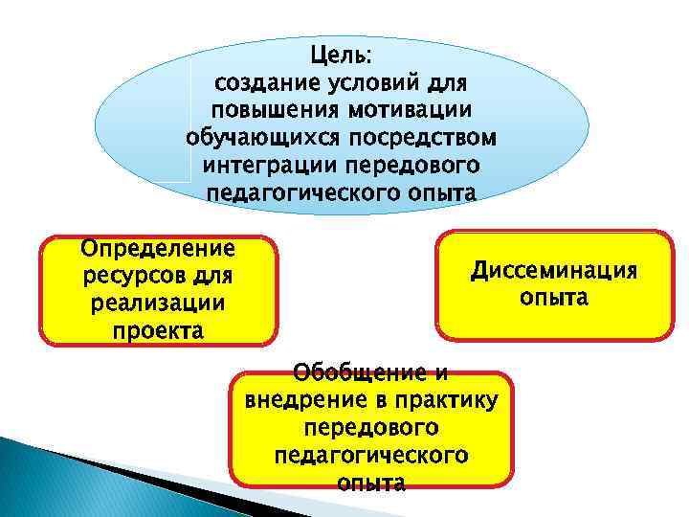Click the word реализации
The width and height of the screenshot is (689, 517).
click(158, 304)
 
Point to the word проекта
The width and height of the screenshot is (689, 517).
click(158, 332)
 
